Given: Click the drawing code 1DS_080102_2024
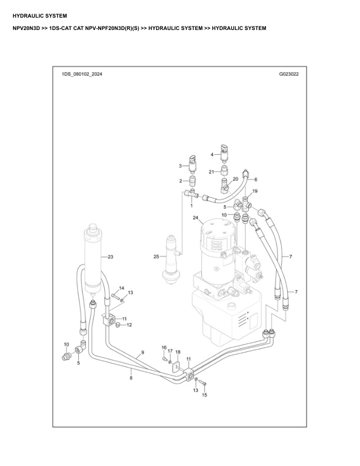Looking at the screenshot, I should [x=81, y=75].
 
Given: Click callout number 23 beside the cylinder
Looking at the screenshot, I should [x=110, y=257].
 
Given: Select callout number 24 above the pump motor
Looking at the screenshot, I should [x=195, y=218].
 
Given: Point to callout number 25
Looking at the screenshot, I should [x=156, y=257].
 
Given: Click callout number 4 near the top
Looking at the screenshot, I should [x=212, y=154].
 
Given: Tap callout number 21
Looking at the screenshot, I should [x=211, y=171].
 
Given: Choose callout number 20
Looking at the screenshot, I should [x=235, y=178].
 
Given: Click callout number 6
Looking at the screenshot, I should [x=256, y=179].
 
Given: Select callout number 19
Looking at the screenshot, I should [x=255, y=192].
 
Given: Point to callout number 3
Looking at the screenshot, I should [x=181, y=167].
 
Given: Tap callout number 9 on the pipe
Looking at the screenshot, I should [x=142, y=353].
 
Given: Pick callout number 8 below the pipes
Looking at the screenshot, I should [x=131, y=378].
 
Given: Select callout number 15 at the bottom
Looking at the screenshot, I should [x=205, y=395].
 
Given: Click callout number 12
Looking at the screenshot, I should [x=129, y=325].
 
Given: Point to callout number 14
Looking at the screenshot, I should [x=122, y=288].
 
